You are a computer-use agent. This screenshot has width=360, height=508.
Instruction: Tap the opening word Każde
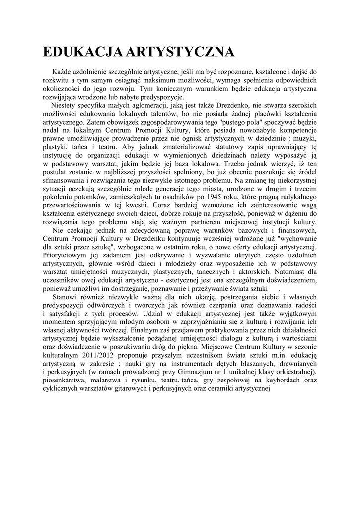pyautogui.click(x=63, y=72)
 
